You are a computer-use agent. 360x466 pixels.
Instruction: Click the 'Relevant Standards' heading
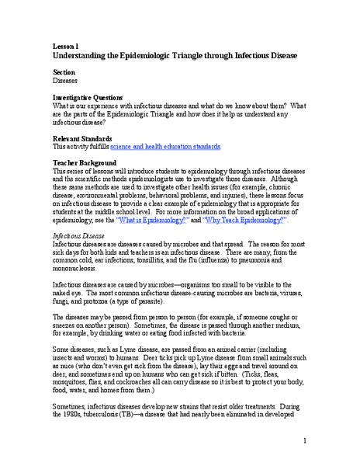pos(84,136)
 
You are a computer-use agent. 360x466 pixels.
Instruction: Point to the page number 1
pos(306,440)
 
